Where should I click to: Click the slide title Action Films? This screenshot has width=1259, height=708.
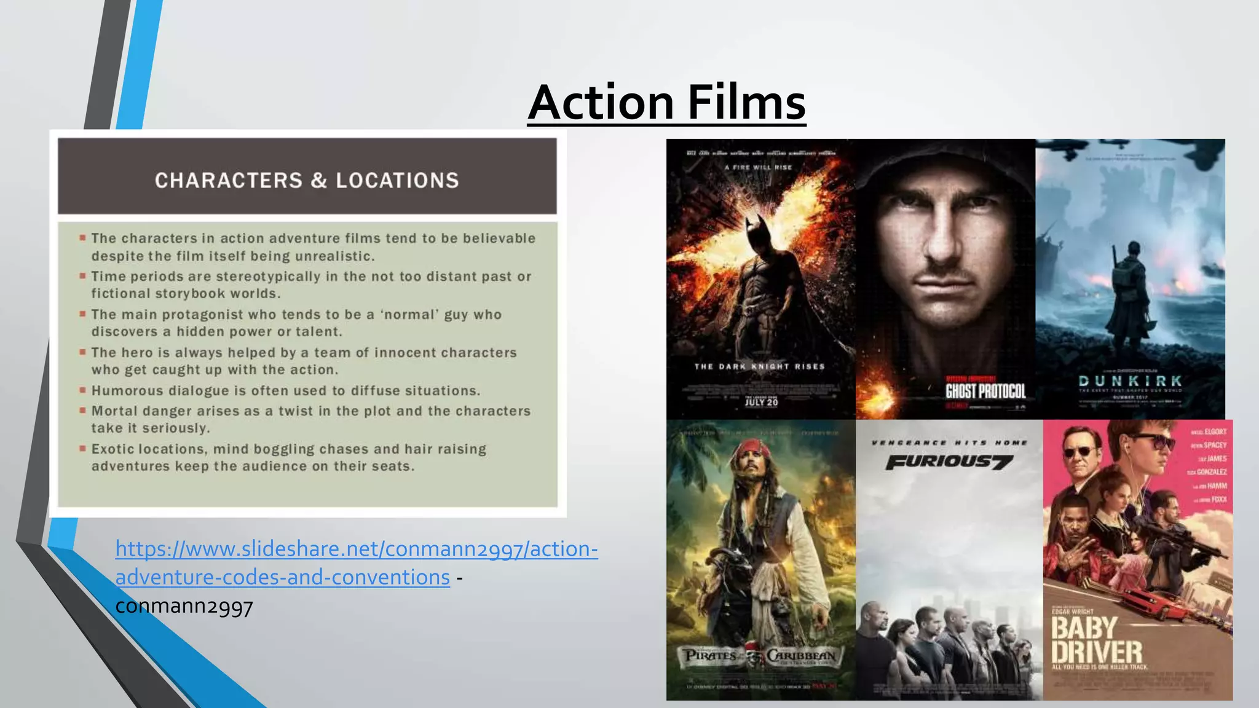pyautogui.click(x=666, y=102)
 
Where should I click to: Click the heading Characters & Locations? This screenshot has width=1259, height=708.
pyautogui.click(x=307, y=180)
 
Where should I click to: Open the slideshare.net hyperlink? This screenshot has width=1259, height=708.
pyautogui.click(x=356, y=549)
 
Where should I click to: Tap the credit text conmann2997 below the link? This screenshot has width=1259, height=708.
pyautogui.click(x=184, y=606)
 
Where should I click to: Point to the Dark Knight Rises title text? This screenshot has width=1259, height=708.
pyautogui.click(x=759, y=366)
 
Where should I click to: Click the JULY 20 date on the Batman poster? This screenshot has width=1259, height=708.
pyautogui.click(x=761, y=402)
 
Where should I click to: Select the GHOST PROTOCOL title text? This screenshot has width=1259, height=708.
pyautogui.click(x=985, y=391)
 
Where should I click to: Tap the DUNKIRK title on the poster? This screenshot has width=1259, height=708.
pyautogui.click(x=1130, y=381)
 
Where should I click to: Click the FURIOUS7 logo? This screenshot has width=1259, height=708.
pyautogui.click(x=949, y=462)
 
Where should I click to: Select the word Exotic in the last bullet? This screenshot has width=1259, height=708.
pyautogui.click(x=112, y=449)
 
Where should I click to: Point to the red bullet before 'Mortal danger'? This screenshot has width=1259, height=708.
pyautogui.click(x=82, y=409)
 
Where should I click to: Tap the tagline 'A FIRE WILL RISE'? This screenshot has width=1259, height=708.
pyautogui.click(x=758, y=167)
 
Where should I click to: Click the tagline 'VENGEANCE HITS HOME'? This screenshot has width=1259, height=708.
pyautogui.click(x=949, y=442)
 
